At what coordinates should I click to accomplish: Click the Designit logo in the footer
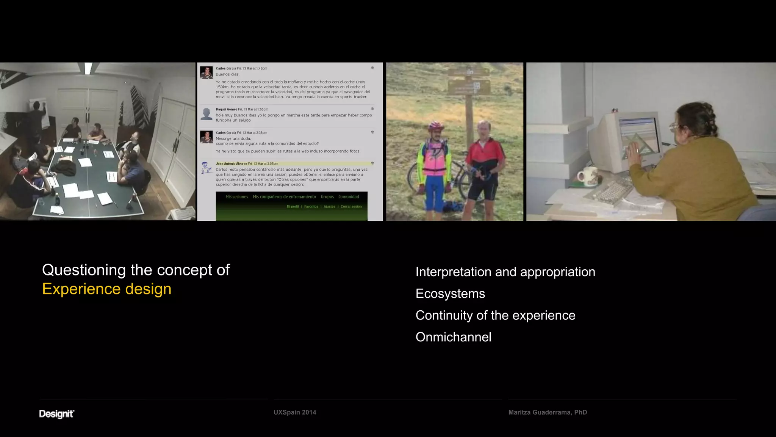pyautogui.click(x=56, y=413)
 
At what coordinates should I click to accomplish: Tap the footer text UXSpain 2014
pyautogui.click(x=295, y=412)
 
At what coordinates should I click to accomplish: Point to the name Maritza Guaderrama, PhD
pyautogui.click(x=548, y=412)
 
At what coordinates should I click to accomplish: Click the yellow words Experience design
pyautogui.click(x=107, y=289)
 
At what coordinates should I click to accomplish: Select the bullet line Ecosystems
pyautogui.click(x=450, y=294)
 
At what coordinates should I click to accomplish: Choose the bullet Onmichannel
pyautogui.click(x=453, y=337)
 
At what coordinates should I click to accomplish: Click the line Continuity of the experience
pyautogui.click(x=495, y=315)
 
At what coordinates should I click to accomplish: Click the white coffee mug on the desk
pyautogui.click(x=587, y=177)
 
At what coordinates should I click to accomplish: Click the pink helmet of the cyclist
pyautogui.click(x=436, y=126)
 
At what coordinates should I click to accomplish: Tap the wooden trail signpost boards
pyautogui.click(x=469, y=82)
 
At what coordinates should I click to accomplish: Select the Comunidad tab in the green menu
pyautogui.click(x=349, y=197)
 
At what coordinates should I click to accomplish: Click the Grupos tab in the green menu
pyautogui.click(x=327, y=197)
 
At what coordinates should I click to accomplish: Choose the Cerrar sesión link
pyautogui.click(x=351, y=207)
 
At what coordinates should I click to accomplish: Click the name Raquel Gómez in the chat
pyautogui.click(x=226, y=109)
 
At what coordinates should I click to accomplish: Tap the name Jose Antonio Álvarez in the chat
pyautogui.click(x=231, y=164)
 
